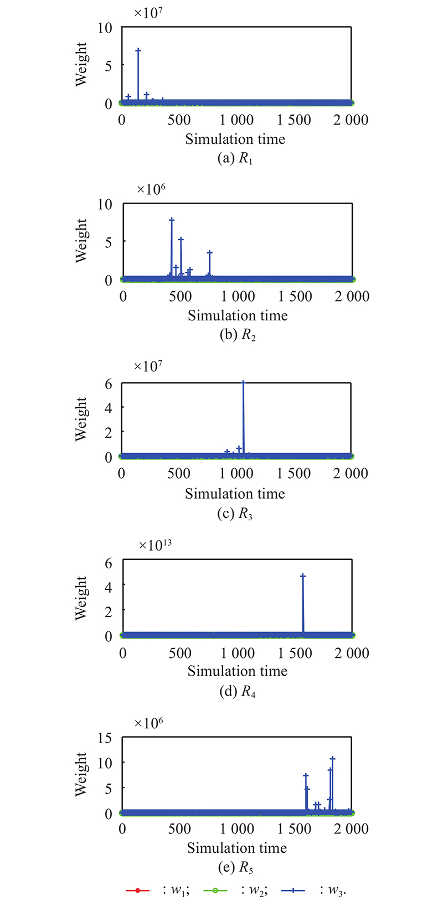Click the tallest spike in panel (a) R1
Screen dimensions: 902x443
point(138,50)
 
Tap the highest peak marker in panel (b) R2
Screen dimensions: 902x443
point(172,220)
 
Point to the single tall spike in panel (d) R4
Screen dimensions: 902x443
point(303,576)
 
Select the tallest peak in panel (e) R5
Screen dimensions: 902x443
point(332,759)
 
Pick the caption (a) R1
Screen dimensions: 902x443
point(235,158)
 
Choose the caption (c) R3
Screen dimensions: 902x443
point(235,514)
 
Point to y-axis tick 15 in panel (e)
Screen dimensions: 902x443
point(105,738)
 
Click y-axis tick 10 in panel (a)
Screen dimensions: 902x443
point(105,28)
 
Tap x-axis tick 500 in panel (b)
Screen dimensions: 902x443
point(180,296)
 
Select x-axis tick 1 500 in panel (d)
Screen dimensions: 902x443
point(295,653)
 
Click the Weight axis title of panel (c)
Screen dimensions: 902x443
point(81,419)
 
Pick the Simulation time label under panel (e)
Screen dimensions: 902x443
point(237,848)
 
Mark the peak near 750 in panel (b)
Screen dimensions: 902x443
point(209,253)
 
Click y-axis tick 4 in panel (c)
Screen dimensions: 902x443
point(109,407)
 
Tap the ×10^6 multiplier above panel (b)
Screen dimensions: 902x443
point(151,189)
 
